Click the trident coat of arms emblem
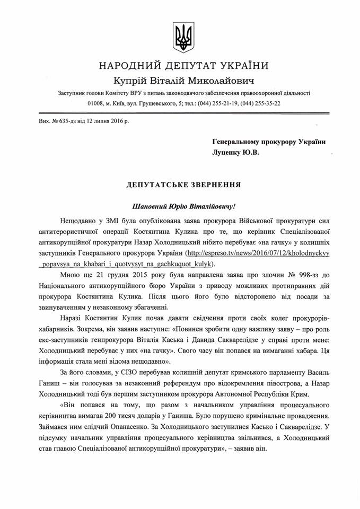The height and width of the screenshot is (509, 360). pyautogui.click(x=180, y=36)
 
